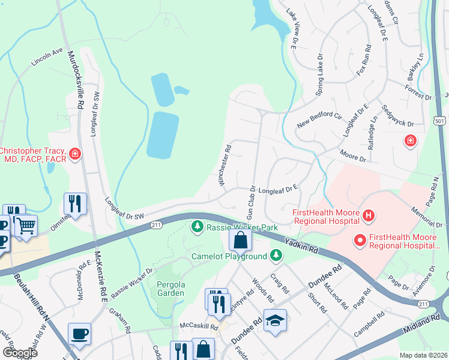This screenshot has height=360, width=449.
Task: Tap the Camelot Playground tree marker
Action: (276, 256)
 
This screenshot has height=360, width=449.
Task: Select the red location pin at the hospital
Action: (361, 241)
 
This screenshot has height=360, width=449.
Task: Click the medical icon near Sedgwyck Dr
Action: (411, 140)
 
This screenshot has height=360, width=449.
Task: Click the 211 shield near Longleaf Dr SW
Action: (156, 224)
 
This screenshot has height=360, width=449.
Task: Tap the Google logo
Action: (20, 353)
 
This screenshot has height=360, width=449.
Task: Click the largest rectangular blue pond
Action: (163, 133)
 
